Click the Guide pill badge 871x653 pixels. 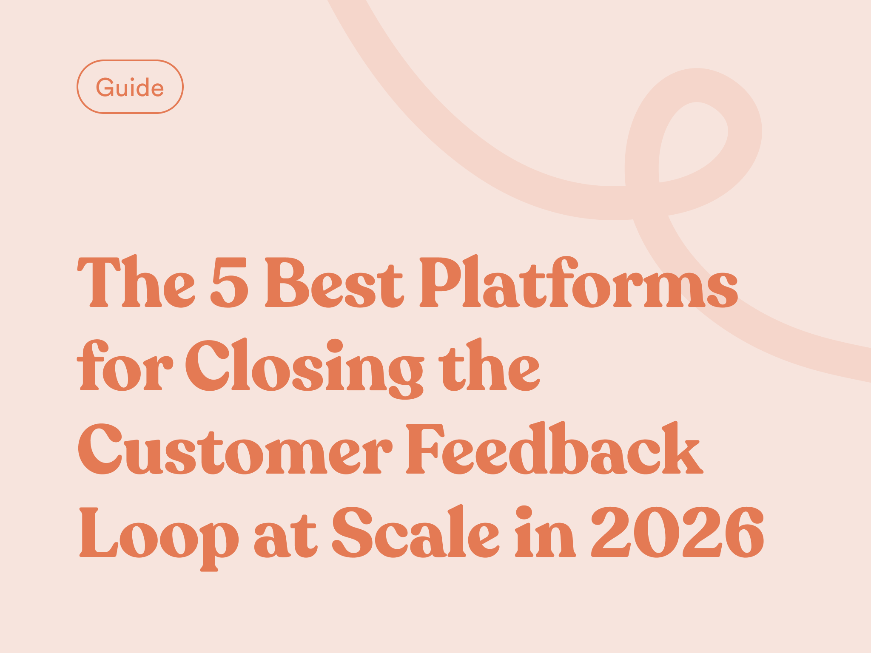(x=130, y=87)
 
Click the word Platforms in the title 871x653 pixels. (x=579, y=281)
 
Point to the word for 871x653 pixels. (x=125, y=365)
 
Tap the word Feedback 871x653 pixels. (x=555, y=448)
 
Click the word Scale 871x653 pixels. (x=416, y=531)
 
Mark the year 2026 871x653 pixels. (x=678, y=532)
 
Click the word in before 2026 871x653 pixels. (x=546, y=531)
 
